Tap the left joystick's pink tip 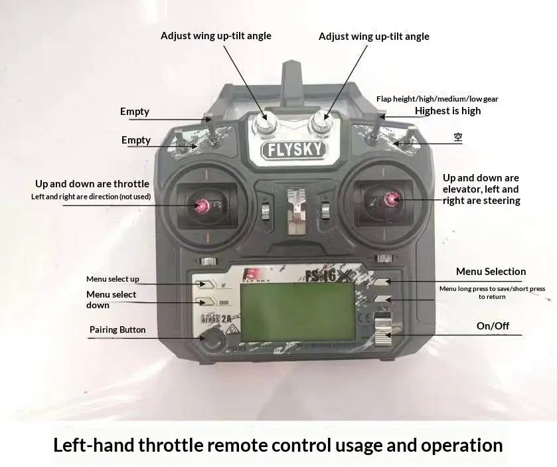tap(200, 206)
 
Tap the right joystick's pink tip tap(392, 199)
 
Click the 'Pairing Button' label tap(118, 329)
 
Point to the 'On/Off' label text tap(493, 326)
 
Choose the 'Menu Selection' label tap(491, 271)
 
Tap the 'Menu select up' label tap(113, 279)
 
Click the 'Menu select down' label tap(111, 300)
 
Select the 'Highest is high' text tap(447, 111)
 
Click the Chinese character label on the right tap(457, 138)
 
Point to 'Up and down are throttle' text tap(92, 183)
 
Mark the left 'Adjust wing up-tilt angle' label tap(216, 35)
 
